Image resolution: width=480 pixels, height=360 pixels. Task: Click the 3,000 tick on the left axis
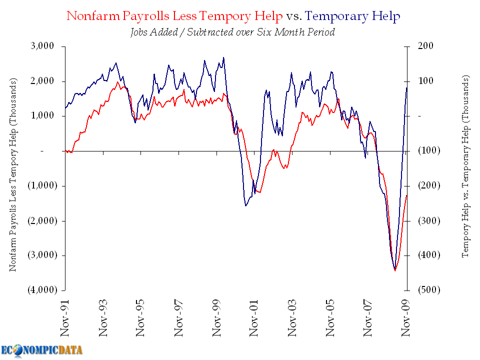[44, 46]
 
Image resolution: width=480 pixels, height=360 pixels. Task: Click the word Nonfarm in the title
[90, 16]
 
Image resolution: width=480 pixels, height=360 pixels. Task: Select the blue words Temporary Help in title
[353, 16]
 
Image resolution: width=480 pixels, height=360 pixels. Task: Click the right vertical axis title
[465, 166]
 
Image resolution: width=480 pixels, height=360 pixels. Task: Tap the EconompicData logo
[41, 350]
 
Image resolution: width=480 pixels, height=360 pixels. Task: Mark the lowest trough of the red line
[395, 270]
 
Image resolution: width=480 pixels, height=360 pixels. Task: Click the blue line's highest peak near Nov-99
[223, 57]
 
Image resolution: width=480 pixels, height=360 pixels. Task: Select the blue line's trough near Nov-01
[246, 205]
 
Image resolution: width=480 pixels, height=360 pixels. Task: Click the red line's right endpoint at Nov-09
[407, 195]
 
